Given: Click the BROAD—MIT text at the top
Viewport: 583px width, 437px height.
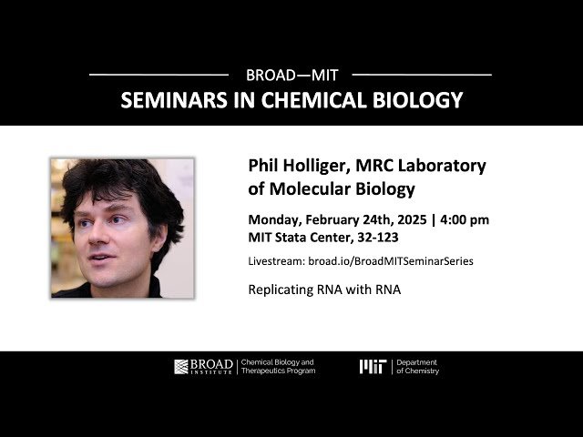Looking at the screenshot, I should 290,74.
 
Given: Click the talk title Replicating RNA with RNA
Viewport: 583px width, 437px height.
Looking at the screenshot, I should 324,290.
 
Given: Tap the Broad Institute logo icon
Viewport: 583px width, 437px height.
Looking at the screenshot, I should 182,367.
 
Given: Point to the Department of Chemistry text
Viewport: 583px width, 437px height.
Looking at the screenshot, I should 418,367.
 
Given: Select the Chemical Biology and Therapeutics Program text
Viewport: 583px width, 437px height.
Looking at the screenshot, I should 279,367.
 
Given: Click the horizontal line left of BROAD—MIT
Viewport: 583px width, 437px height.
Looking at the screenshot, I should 159,74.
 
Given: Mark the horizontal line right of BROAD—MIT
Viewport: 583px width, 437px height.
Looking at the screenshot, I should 422,74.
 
